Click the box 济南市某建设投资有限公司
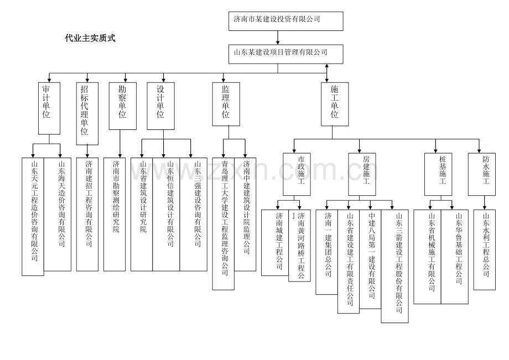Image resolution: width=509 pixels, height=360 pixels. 286,20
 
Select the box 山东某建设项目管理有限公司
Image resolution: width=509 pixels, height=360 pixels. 286,53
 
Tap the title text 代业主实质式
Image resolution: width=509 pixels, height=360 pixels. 90,38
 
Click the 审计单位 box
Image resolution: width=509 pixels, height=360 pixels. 49,108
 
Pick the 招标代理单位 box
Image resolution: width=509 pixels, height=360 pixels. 87,113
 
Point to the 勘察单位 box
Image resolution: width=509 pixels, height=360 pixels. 122,106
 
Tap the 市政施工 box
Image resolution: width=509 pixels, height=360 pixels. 297,174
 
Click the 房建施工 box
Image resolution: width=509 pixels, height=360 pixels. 362,174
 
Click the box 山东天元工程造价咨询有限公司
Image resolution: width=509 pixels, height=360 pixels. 33,216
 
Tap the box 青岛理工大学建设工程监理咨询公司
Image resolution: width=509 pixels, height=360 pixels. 224,223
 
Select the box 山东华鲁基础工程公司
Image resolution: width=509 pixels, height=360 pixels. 454,256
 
